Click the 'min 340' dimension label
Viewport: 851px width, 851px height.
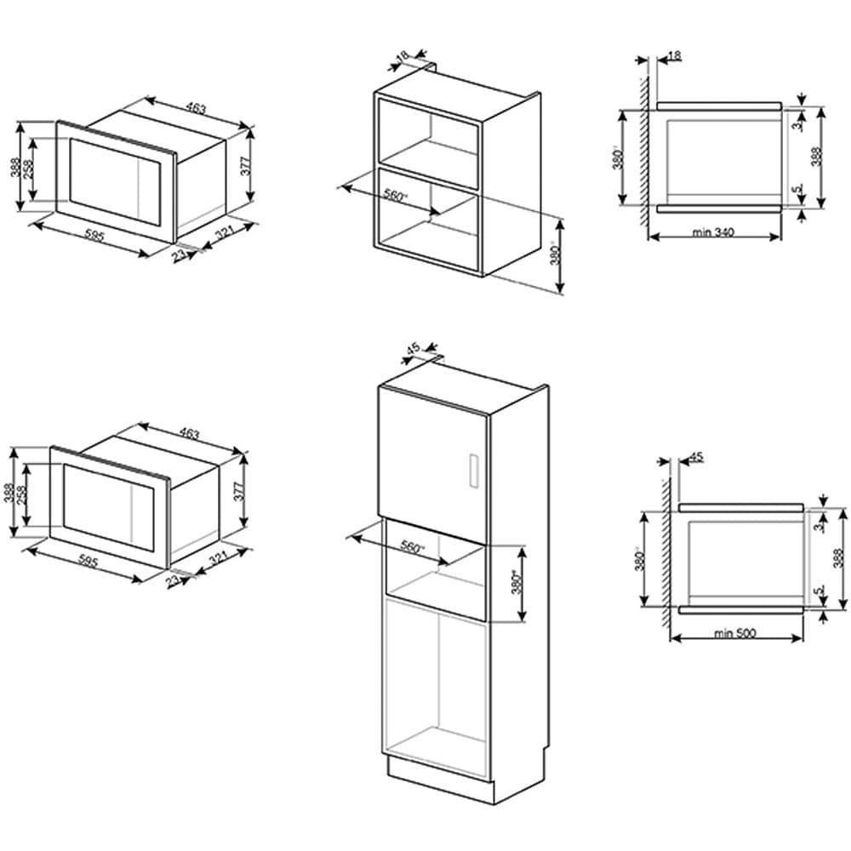[x=712, y=231]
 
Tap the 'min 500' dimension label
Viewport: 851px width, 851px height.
[x=735, y=633]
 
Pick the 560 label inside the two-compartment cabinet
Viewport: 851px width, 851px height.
[x=397, y=195]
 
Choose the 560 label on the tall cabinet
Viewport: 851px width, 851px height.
[x=412, y=548]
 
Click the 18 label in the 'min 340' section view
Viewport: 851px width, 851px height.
[x=674, y=55]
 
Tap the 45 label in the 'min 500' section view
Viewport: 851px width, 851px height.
[x=696, y=456]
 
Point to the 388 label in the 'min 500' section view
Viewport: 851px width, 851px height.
[x=837, y=557]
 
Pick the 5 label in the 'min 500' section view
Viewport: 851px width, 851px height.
[x=816, y=591]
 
